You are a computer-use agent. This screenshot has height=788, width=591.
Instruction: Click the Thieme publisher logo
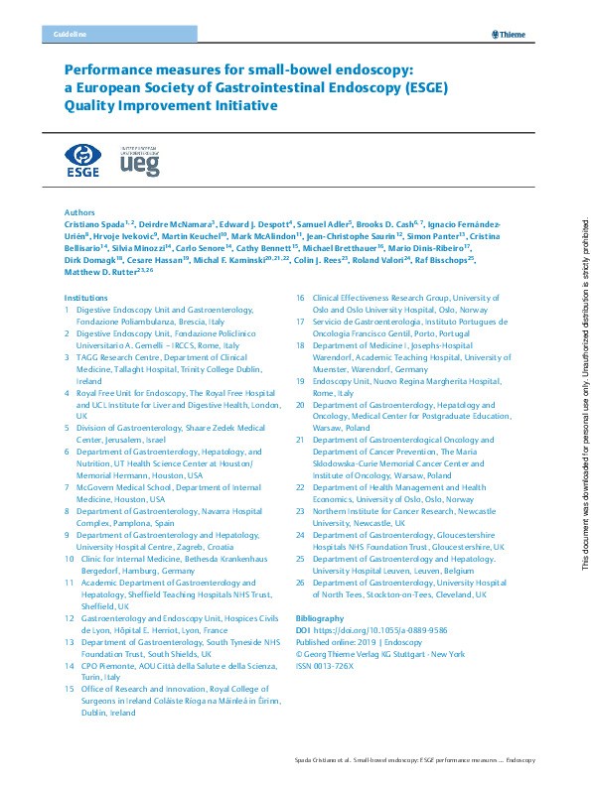[508, 35]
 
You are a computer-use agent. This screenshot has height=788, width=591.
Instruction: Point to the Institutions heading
[85, 298]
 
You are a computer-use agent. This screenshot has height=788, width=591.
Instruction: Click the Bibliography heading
[320, 617]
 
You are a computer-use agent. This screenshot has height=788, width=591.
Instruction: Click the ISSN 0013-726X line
[330, 666]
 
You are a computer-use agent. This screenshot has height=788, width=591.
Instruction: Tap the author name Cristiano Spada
[98, 225]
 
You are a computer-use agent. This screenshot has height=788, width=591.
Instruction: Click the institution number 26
[301, 583]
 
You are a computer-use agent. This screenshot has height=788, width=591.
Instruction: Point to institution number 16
[301, 298]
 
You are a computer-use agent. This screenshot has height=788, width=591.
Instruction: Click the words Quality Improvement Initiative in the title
[170, 106]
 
